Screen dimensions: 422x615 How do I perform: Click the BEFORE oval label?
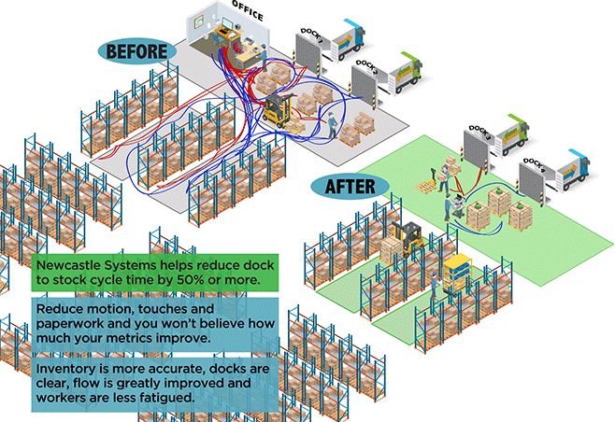tap(136, 51)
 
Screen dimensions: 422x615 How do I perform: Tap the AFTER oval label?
tap(350, 186)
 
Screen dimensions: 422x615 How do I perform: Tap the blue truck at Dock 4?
tap(568, 169)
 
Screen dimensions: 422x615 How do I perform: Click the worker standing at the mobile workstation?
tap(451, 205)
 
